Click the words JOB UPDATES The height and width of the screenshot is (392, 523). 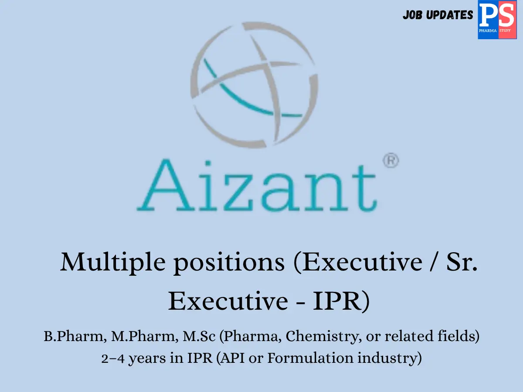[x=438, y=15]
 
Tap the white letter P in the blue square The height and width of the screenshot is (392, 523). [x=488, y=16]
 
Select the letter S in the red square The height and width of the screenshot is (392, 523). [x=506, y=16]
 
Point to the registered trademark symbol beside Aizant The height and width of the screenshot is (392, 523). [x=391, y=161]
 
